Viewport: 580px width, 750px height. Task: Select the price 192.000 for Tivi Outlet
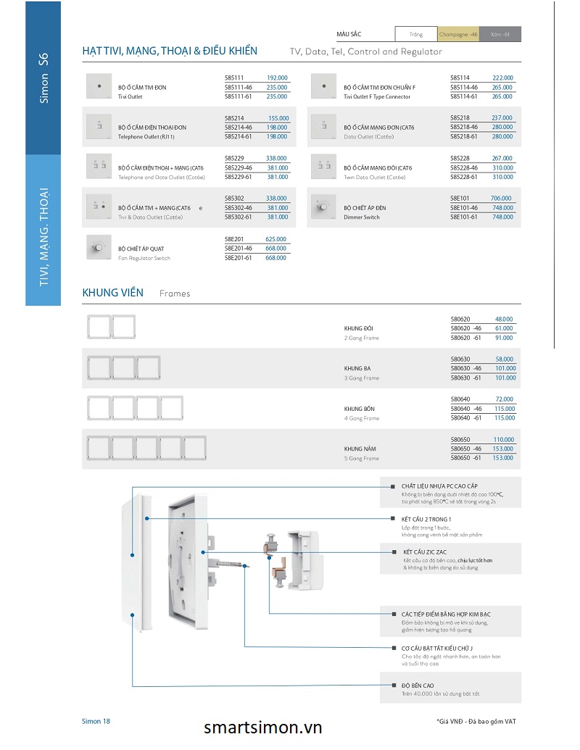coord(277,78)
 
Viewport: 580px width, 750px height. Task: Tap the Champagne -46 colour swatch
coord(458,34)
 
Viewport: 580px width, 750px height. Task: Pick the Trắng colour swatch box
coord(415,34)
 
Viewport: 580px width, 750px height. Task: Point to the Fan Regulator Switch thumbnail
coord(96,248)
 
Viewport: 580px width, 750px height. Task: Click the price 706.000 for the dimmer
coord(502,198)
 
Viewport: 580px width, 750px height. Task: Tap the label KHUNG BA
coord(357,368)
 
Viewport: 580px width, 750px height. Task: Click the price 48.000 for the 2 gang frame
coord(504,319)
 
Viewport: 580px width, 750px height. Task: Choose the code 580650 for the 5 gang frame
coord(460,440)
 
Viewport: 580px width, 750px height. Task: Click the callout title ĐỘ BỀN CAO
coord(418,685)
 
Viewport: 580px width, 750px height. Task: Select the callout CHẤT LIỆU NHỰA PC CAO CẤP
coord(439,486)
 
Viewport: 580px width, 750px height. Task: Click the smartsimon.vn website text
coord(263,728)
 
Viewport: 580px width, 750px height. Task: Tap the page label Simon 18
coord(96,721)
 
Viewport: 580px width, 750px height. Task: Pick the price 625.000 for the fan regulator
coord(275,239)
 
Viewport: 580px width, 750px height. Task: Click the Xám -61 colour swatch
coord(500,34)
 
